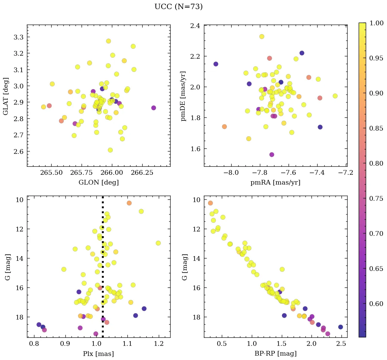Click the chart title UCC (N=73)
click(178, 7)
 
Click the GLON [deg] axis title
click(98, 183)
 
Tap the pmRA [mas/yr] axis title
click(275, 183)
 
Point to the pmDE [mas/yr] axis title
click(183, 96)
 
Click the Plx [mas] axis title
click(98, 354)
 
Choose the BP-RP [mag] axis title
click(275, 354)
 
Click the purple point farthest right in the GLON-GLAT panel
click(154, 108)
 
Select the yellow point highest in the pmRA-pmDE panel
click(262, 36)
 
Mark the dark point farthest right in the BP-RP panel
click(340, 327)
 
